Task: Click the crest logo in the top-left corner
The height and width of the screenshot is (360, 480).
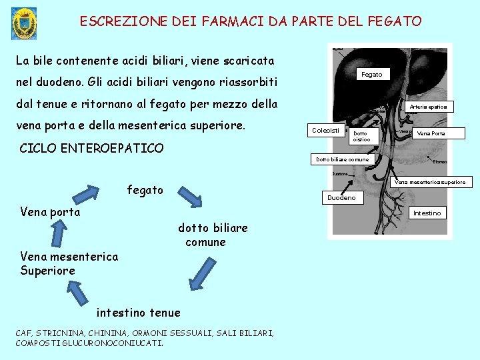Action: point(25,23)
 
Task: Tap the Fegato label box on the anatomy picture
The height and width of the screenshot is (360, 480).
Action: point(371,75)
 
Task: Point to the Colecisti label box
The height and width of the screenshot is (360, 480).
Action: point(325,130)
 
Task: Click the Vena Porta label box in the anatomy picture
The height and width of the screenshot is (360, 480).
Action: point(430,133)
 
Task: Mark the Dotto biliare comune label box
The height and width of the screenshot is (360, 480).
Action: point(342,160)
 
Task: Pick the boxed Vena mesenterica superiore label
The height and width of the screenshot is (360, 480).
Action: point(429,182)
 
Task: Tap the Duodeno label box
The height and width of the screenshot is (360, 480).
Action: point(341,198)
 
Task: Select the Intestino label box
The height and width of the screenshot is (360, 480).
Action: point(427,213)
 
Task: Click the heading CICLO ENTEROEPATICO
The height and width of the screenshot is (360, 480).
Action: point(91,148)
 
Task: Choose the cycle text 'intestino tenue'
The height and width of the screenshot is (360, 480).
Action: point(138,313)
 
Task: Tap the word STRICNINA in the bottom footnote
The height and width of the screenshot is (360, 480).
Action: point(59,333)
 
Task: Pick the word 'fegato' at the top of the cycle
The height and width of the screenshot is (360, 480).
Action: point(145,190)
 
